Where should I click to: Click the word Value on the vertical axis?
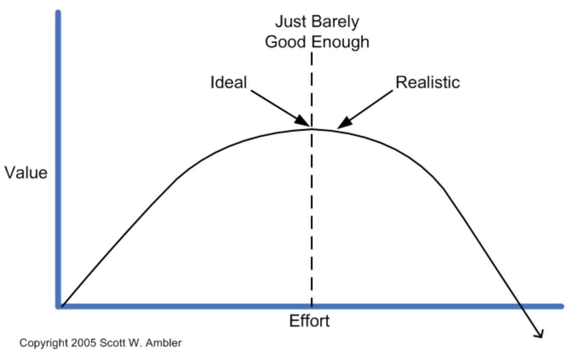[26, 173]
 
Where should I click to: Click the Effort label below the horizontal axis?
[310, 321]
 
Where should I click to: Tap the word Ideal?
[229, 82]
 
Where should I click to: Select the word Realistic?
[428, 82]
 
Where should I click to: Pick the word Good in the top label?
[285, 42]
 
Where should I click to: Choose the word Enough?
[341, 42]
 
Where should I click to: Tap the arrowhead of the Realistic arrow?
[345, 123]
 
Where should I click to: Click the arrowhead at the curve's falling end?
[539, 334]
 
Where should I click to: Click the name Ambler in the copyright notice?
[164, 343]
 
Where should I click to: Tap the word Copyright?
[44, 343]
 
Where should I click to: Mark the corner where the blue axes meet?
[59, 306]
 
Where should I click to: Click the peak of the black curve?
[312, 129]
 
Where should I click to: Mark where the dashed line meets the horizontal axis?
[312, 306]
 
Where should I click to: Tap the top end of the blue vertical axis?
[58, 12]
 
